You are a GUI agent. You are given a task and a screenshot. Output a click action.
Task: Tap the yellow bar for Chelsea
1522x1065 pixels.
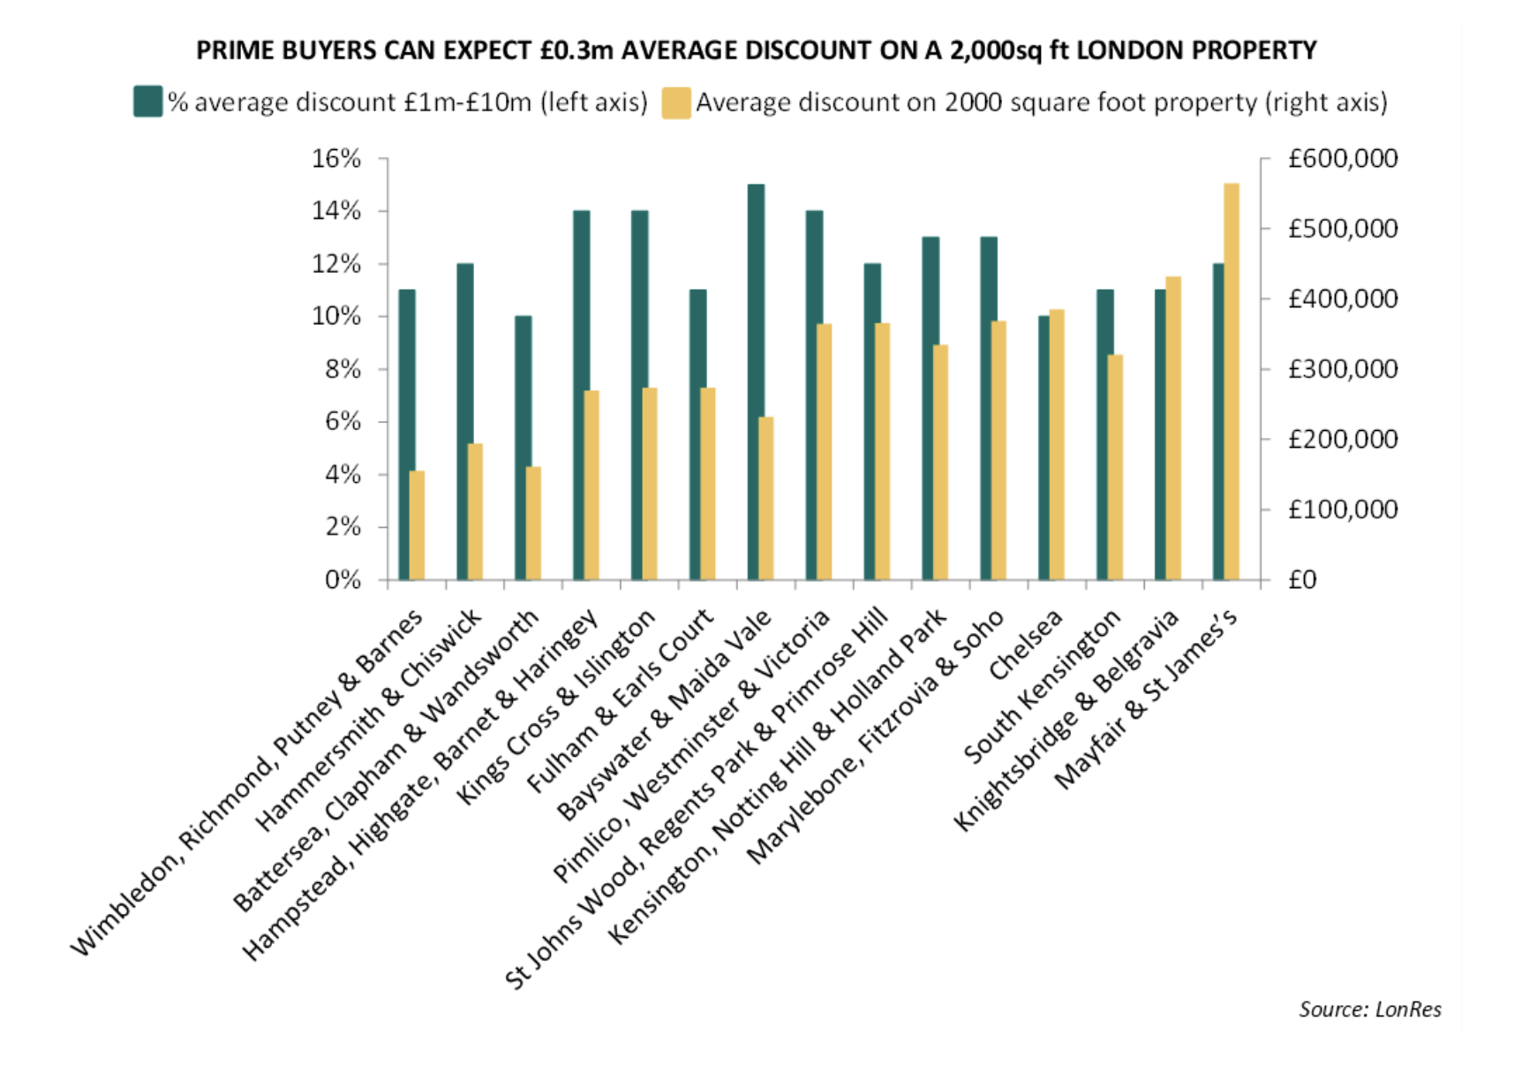(x=1057, y=445)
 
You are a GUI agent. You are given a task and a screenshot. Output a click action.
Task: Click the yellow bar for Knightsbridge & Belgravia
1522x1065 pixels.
(x=1173, y=428)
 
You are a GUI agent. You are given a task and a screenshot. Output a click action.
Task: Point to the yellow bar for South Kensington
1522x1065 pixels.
(x=1115, y=467)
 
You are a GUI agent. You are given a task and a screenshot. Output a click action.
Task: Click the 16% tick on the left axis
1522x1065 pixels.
(x=383, y=159)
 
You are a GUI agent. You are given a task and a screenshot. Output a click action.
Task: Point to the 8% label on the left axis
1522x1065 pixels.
(x=343, y=369)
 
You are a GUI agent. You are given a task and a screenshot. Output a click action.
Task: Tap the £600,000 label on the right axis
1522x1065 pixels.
(x=1342, y=159)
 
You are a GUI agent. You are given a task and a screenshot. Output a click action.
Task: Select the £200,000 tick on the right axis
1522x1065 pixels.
(x=1264, y=439)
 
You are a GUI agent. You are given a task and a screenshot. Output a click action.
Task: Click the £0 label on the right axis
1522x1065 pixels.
(x=1302, y=579)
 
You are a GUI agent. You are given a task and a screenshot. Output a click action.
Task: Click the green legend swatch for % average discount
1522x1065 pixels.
(x=147, y=102)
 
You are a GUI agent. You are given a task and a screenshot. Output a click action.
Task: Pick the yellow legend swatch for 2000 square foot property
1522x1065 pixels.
(x=676, y=102)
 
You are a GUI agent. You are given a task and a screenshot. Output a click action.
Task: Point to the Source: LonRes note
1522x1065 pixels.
(x=1369, y=1009)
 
